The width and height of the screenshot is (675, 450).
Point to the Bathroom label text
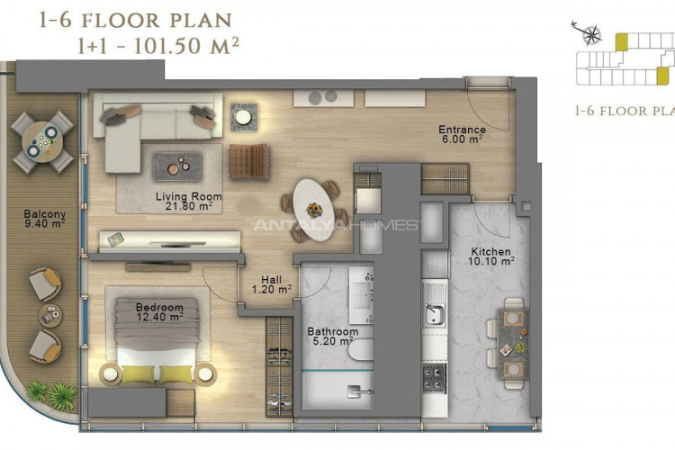tap(333, 331)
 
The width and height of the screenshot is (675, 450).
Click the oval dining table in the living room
tap(314, 209)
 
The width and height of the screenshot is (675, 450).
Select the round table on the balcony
tap(42, 141)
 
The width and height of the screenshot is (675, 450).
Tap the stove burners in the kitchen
tap(435, 378)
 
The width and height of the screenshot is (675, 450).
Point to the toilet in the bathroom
tap(361, 350)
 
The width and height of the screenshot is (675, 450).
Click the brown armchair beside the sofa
tap(248, 161)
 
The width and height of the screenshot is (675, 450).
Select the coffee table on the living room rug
tap(177, 166)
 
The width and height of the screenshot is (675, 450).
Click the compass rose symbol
tap(590, 34)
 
